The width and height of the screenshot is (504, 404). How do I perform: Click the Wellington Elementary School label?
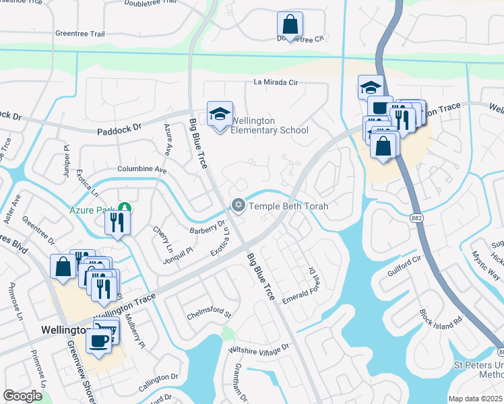pyautogui.click(x=270, y=126)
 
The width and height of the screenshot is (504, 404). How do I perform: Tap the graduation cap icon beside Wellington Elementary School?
pyautogui.click(x=220, y=114)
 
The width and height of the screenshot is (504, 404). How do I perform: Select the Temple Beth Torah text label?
pyautogui.click(x=288, y=206)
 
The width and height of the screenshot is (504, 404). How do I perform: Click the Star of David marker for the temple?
pyautogui.click(x=238, y=205)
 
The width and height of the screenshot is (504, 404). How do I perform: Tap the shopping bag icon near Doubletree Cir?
pyautogui.click(x=290, y=26)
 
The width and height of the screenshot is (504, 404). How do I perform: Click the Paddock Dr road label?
pyautogui.click(x=120, y=126)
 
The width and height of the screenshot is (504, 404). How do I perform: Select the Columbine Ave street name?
pyautogui.click(x=141, y=169)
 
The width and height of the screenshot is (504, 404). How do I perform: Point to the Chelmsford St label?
pyautogui.click(x=209, y=314)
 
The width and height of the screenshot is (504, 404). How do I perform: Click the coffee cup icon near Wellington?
pyautogui.click(x=100, y=340)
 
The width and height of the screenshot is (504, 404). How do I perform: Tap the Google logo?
pyautogui.click(x=22, y=396)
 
